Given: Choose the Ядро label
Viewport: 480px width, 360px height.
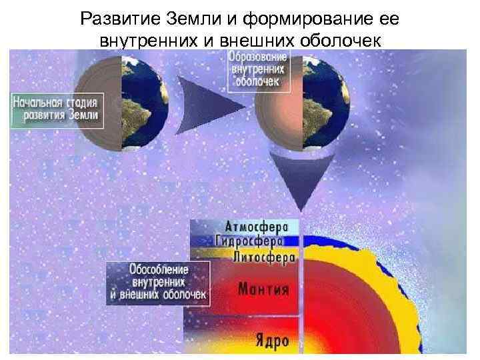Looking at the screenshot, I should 271,341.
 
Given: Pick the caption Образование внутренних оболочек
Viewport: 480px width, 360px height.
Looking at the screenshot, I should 257,69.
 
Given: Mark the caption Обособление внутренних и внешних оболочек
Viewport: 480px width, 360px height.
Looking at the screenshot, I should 158,282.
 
